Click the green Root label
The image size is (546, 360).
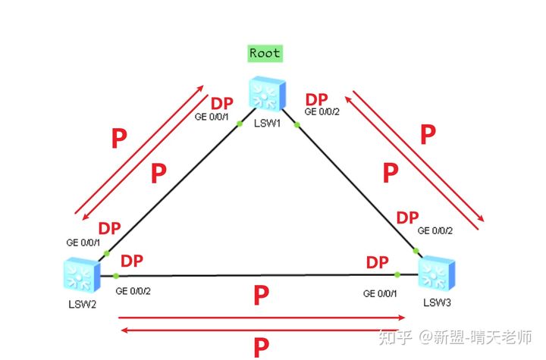pos(265,54)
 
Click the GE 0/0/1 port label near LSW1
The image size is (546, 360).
pos(211,117)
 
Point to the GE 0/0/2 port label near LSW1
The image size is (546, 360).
pos(323,112)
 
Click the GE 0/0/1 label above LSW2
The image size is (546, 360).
pos(83,243)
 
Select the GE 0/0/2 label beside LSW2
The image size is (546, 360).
pos(134,291)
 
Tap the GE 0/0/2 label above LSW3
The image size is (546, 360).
pos(435,230)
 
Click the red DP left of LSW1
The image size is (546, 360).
pos(221,103)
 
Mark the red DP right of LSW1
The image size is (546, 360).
pos(316,99)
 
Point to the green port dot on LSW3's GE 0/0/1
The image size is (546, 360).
pos(397,275)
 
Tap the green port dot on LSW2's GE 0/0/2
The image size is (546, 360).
pos(115,275)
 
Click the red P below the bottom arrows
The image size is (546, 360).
pos(262,347)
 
